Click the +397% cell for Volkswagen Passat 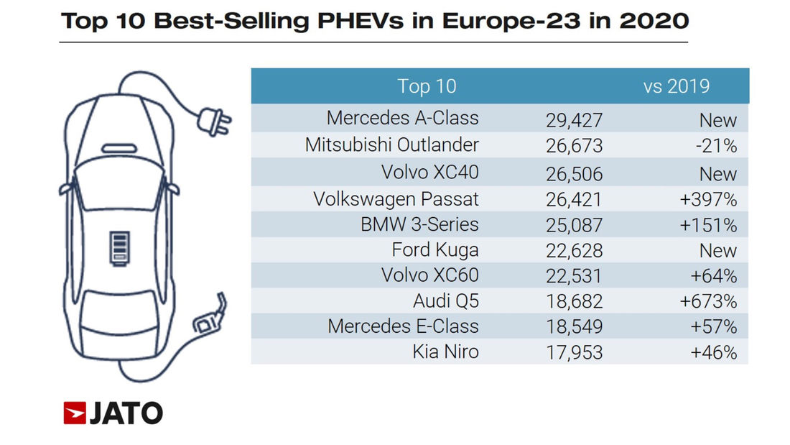pyautogui.click(x=708, y=199)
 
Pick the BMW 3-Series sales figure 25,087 pyautogui.click(x=574, y=225)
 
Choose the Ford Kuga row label pyautogui.click(x=435, y=250)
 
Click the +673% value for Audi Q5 pyautogui.click(x=708, y=301)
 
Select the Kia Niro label pyautogui.click(x=445, y=352)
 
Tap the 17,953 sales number pyautogui.click(x=574, y=353)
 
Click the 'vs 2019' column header pyautogui.click(x=676, y=86)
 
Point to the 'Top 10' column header pyautogui.click(x=427, y=87)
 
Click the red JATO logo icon pyautogui.click(x=74, y=413)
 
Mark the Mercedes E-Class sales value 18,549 pyautogui.click(x=574, y=327)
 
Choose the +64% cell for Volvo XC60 pyautogui.click(x=713, y=276)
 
